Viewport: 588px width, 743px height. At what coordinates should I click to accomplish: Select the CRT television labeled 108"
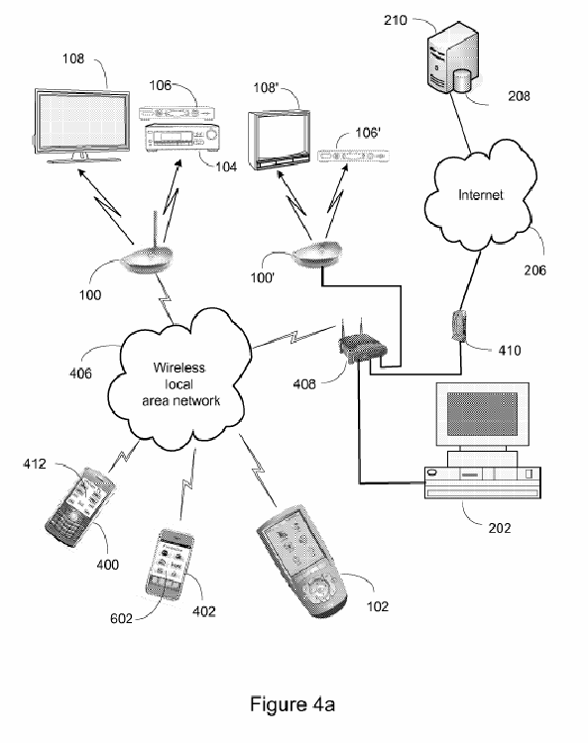[x=279, y=141]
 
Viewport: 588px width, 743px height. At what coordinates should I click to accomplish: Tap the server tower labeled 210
[x=452, y=56]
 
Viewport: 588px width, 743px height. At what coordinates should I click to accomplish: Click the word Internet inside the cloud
[x=481, y=195]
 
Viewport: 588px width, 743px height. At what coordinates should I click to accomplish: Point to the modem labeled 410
[x=458, y=326]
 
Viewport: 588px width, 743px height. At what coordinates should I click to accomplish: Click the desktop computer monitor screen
[x=482, y=414]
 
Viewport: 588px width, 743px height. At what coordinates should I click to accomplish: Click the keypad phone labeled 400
[x=80, y=507]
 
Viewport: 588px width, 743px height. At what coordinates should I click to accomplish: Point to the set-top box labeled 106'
[x=353, y=156]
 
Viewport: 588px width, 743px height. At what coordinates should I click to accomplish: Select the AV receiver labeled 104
[x=182, y=138]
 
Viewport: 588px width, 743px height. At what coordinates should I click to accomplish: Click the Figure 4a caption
[x=293, y=704]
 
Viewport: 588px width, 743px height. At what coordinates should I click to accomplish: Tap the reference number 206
[x=534, y=270]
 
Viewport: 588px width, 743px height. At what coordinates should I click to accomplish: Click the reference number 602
[x=121, y=618]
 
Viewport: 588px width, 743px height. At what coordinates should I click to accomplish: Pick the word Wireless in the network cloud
[x=179, y=368]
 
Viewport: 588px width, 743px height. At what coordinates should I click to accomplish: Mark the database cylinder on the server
[x=462, y=81]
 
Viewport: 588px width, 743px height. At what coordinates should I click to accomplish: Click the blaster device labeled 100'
[x=317, y=254]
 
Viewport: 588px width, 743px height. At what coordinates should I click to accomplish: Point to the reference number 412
[x=35, y=464]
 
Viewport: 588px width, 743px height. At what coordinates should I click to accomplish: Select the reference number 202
[x=500, y=528]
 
